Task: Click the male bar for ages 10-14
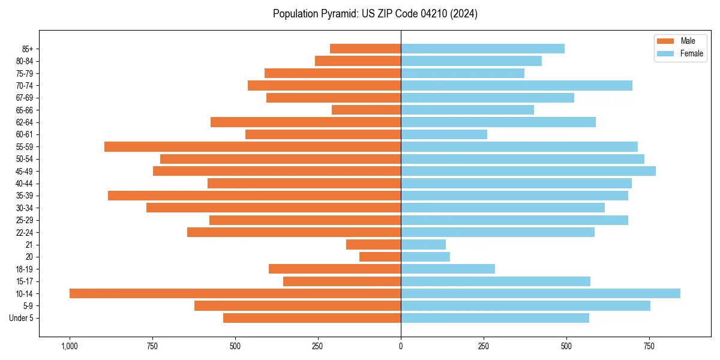click(235, 293)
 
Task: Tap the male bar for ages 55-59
click(253, 146)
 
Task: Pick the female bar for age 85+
click(483, 49)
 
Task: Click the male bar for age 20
click(380, 257)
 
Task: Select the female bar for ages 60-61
click(444, 134)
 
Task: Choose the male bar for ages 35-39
click(254, 196)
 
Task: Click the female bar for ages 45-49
click(528, 171)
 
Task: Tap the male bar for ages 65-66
click(366, 110)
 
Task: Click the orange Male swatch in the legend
click(666, 41)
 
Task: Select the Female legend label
click(692, 53)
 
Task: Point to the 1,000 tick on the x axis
click(70, 346)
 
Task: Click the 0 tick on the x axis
click(401, 346)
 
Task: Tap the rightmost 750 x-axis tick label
click(649, 346)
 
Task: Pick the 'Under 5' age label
click(21, 318)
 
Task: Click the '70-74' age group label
click(25, 85)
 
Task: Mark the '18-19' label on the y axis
click(25, 269)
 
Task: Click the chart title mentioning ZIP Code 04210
click(375, 14)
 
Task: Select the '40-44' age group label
click(25, 183)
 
